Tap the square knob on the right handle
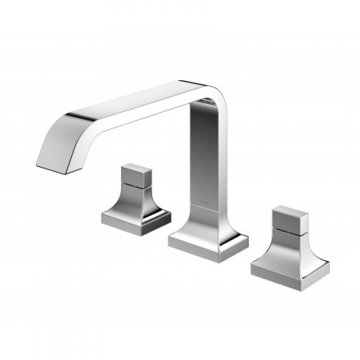[x=289, y=218]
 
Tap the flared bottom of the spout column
[x=207, y=223]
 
